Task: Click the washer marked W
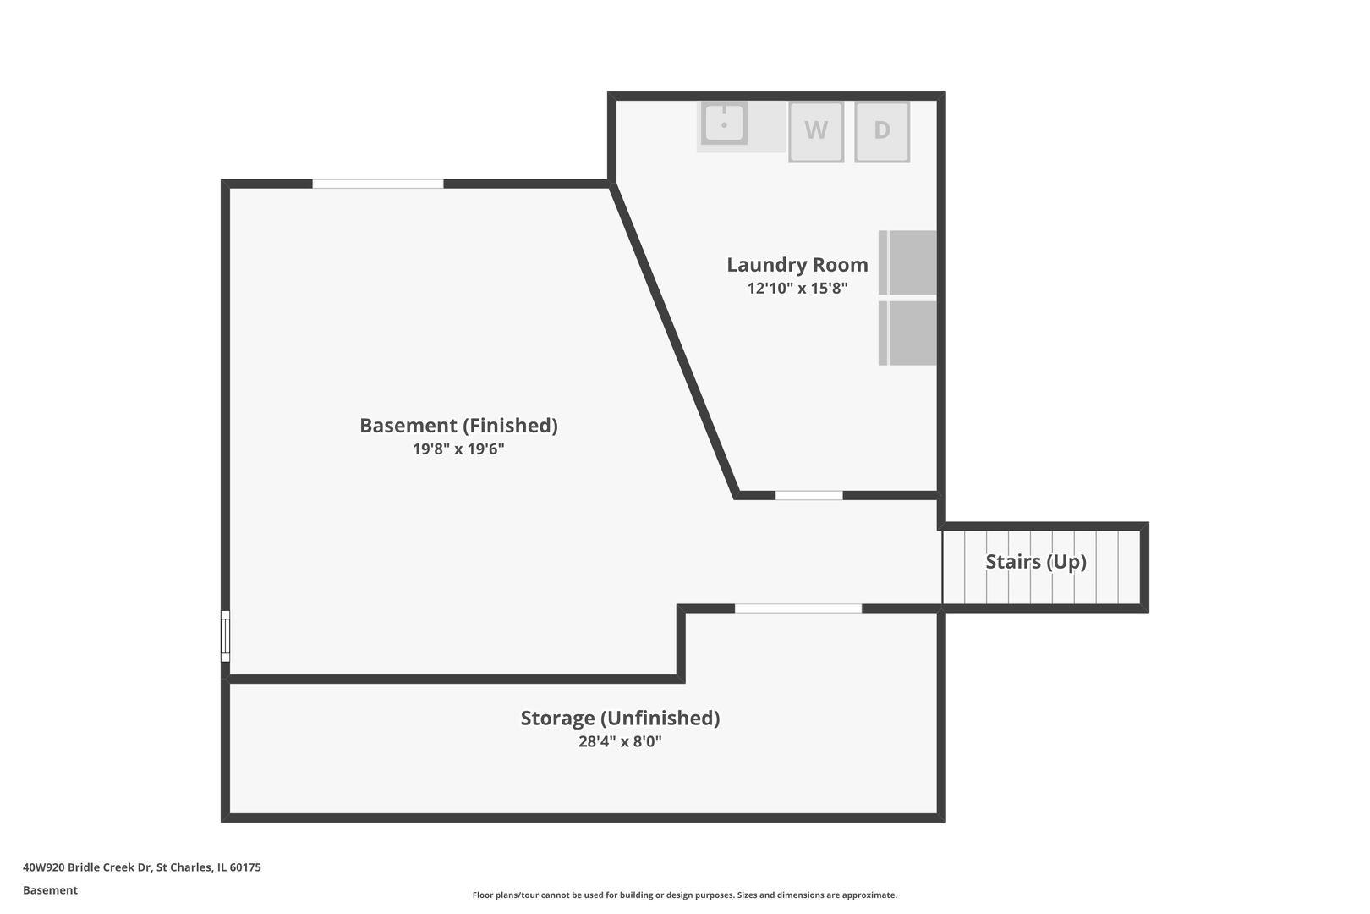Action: (x=816, y=132)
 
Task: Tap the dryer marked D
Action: (x=882, y=132)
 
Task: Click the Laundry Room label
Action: (x=797, y=265)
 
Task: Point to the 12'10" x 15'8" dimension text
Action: (x=797, y=288)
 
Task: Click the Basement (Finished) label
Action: (x=458, y=426)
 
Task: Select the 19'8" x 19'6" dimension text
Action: (x=458, y=449)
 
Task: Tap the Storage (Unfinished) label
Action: (x=620, y=719)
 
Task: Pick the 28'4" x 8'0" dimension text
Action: (x=620, y=741)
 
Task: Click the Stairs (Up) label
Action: (x=1035, y=562)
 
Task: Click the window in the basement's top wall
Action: (x=378, y=184)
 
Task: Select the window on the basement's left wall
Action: (x=225, y=636)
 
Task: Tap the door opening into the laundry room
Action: (x=809, y=495)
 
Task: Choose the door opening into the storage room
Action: (x=798, y=608)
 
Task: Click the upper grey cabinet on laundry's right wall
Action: (x=907, y=262)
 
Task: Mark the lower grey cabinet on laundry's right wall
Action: (x=907, y=333)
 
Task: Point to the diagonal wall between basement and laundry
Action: (x=674, y=340)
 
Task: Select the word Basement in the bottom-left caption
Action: (x=50, y=890)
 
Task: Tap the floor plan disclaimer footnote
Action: (x=684, y=895)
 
